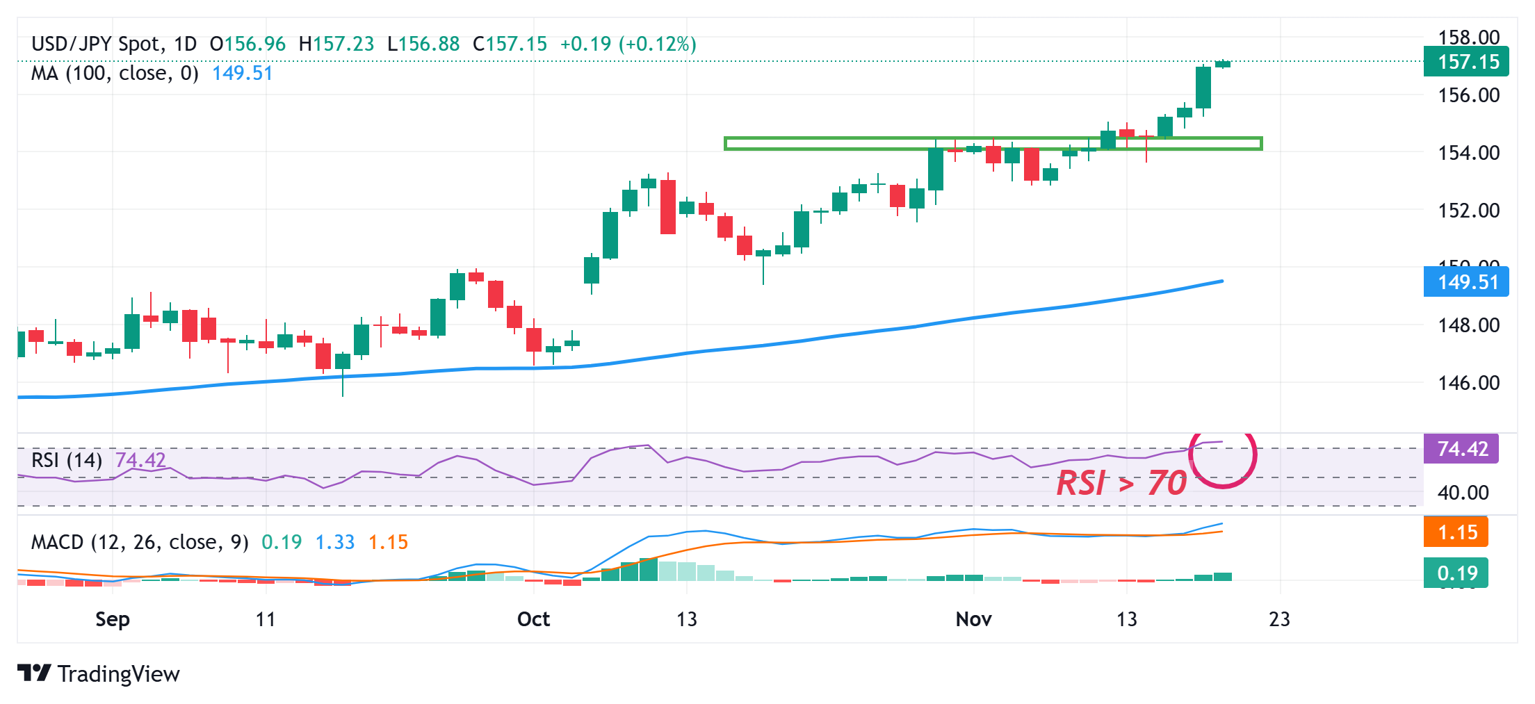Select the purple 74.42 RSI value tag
click(1461, 449)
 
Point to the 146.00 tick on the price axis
click(1468, 382)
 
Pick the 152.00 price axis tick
click(1468, 210)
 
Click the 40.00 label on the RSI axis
click(1463, 493)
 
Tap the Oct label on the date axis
click(533, 619)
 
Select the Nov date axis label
click(973, 619)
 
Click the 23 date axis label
click(1279, 619)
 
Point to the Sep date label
click(113, 619)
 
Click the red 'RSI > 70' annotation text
click(1121, 483)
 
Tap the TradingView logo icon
click(34, 673)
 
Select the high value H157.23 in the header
click(336, 44)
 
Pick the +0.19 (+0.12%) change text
click(628, 44)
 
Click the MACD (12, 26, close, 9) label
click(140, 542)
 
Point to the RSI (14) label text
click(67, 460)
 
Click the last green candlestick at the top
click(1222, 64)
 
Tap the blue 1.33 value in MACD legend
click(335, 542)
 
